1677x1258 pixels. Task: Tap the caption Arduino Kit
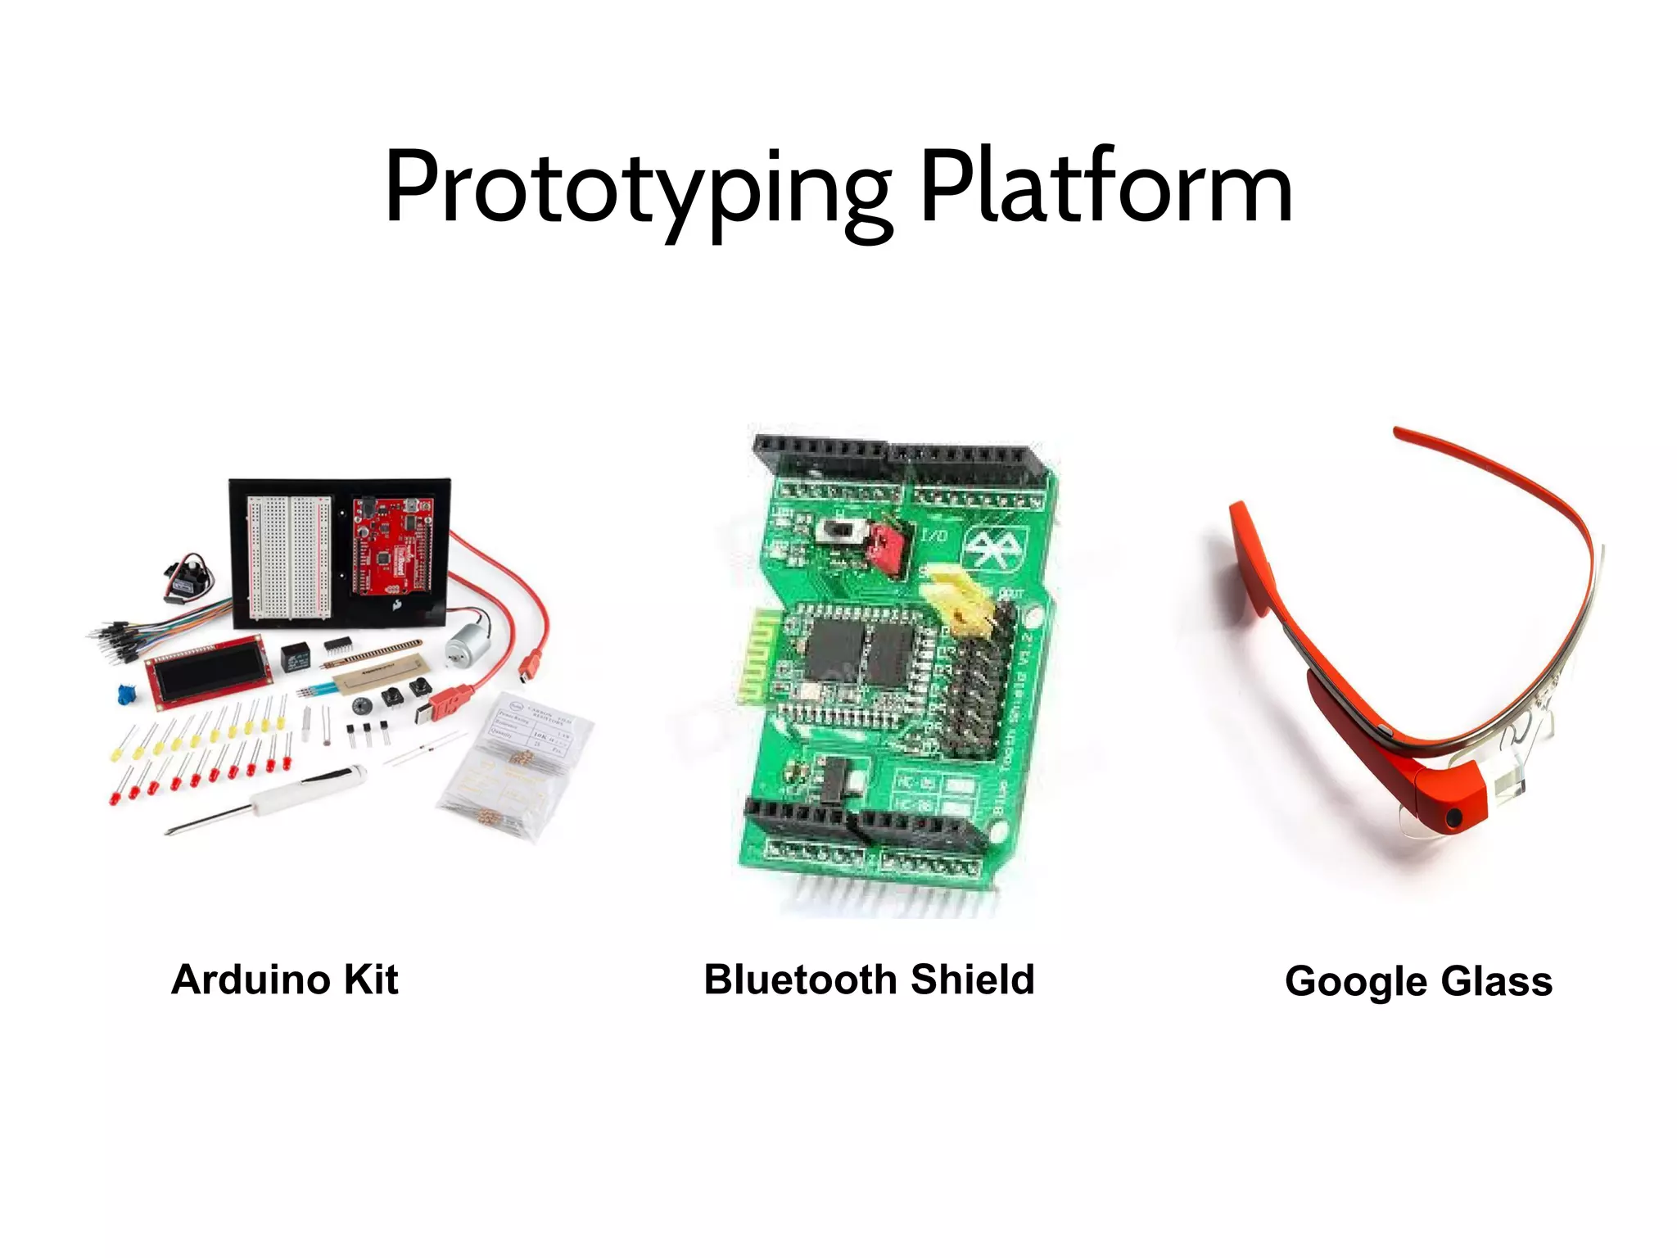click(x=284, y=980)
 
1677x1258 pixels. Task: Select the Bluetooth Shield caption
click(x=869, y=980)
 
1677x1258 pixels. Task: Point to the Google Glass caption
click(x=1418, y=981)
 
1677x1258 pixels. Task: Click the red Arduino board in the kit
click(x=391, y=546)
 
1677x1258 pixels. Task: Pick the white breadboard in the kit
click(x=290, y=555)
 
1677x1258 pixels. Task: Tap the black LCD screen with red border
click(x=208, y=670)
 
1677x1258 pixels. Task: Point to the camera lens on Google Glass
click(x=1453, y=817)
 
